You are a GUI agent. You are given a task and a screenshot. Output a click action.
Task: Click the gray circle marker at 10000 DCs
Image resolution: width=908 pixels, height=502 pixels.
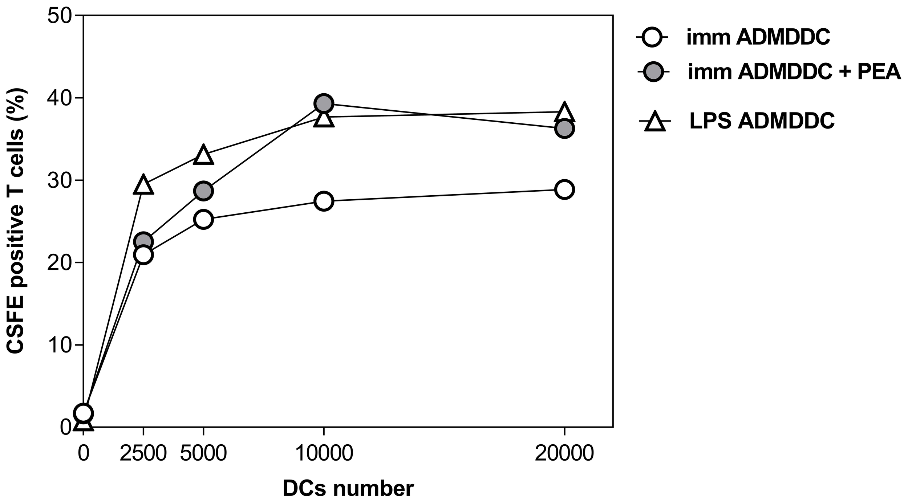click(x=324, y=104)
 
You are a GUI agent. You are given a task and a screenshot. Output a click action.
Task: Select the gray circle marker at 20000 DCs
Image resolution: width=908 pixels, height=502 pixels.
click(x=564, y=128)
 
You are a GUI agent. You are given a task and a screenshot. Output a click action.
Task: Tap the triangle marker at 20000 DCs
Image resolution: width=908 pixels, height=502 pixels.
click(x=564, y=113)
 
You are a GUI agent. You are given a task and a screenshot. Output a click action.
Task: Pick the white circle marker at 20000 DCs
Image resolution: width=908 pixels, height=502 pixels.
click(x=564, y=189)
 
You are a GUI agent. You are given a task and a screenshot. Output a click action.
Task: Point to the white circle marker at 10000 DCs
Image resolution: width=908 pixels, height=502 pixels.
click(x=324, y=201)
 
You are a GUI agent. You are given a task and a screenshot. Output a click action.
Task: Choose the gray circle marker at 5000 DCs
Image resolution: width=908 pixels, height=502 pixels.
click(x=203, y=191)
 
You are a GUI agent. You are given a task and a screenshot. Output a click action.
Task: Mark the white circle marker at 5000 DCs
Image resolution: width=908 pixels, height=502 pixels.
click(x=203, y=219)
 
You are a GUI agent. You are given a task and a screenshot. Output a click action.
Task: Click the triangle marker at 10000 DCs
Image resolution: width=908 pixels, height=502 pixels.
click(x=324, y=118)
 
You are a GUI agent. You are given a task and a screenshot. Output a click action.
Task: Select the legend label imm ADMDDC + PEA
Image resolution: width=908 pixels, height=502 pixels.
click(x=794, y=72)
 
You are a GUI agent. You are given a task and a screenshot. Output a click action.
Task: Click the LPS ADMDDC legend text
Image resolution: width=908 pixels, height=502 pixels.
click(x=762, y=121)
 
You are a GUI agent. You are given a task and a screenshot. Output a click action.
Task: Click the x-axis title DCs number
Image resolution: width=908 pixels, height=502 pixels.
click(x=348, y=489)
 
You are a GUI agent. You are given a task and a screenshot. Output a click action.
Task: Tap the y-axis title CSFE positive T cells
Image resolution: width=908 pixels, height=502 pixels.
click(x=16, y=221)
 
